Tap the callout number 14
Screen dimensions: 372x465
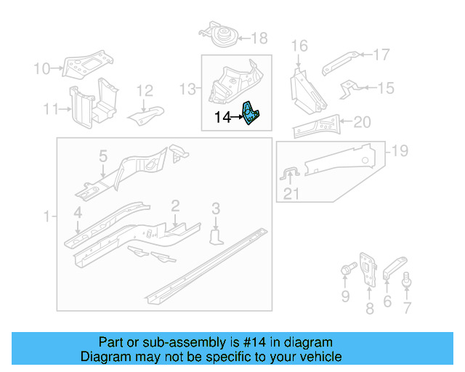point(222,116)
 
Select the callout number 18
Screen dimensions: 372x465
point(259,38)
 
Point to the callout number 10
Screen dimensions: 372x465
point(42,69)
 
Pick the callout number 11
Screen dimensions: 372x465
point(49,110)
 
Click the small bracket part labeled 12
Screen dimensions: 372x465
point(146,113)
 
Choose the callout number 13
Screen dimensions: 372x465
point(187,89)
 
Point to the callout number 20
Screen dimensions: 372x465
point(362,122)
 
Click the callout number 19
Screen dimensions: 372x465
point(400,151)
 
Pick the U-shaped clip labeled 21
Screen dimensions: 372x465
point(290,174)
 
